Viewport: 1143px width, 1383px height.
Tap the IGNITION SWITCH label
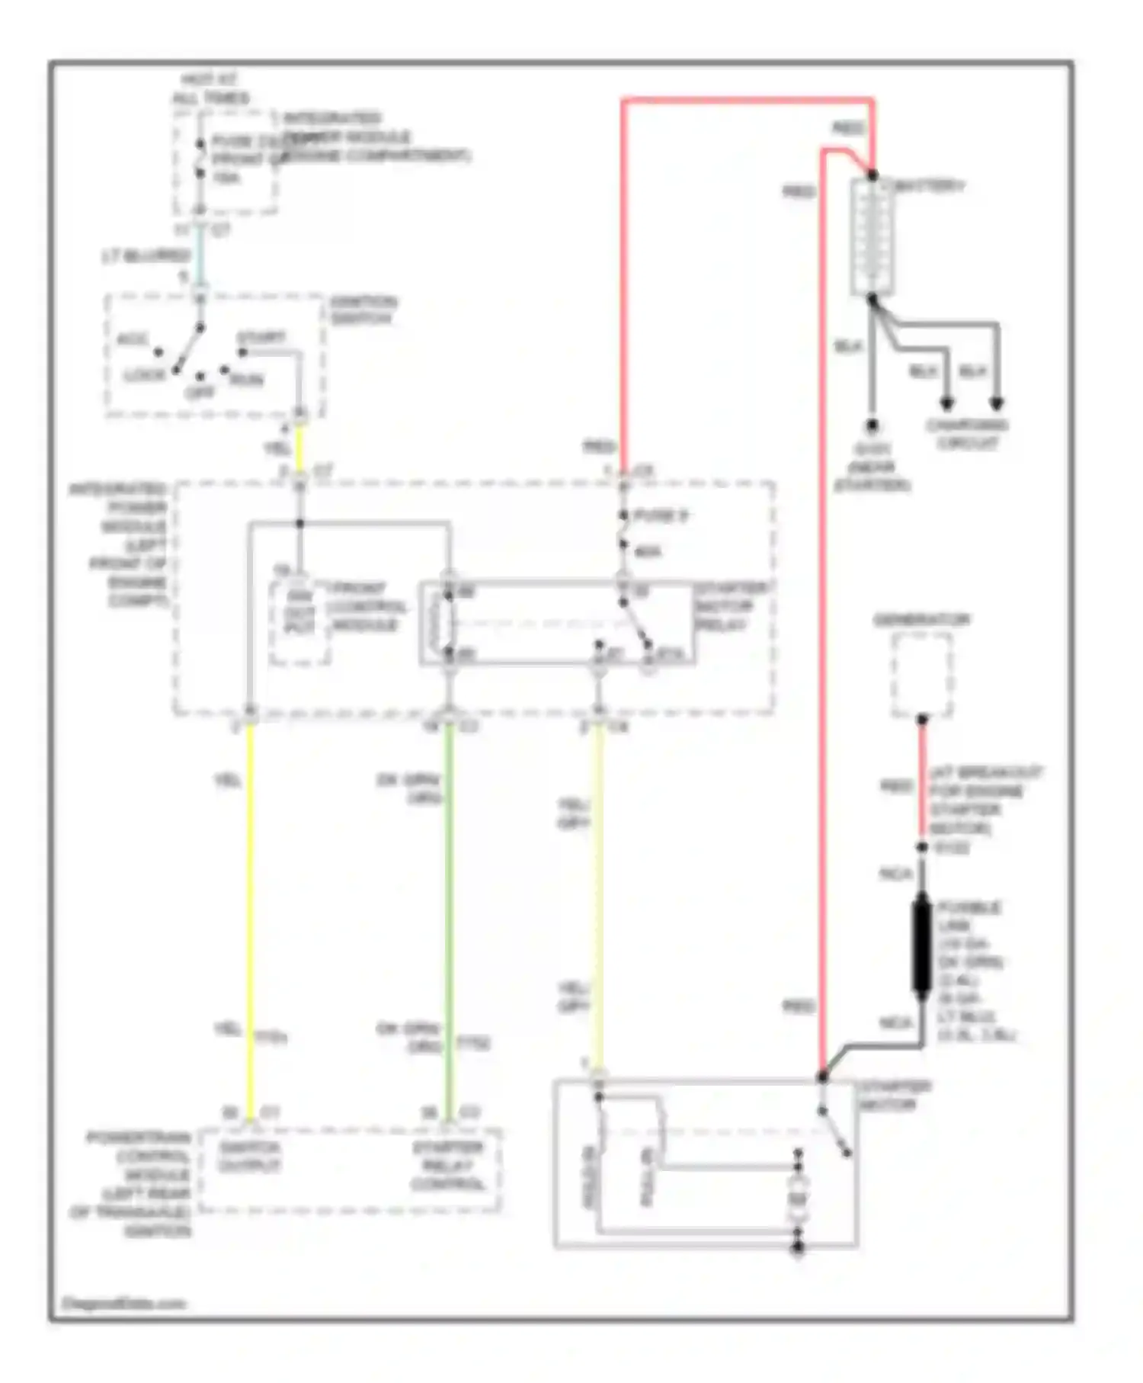(363, 310)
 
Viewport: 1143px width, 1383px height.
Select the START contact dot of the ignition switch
(242, 352)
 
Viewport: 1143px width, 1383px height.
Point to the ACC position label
(133, 339)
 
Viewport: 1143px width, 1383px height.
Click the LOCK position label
(145, 375)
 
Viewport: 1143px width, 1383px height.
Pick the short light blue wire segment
(199, 255)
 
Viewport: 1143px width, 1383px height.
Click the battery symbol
(872, 236)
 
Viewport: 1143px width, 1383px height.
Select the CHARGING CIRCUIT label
(967, 434)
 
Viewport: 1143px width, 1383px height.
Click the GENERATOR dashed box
(922, 675)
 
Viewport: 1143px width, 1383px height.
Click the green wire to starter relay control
(448, 915)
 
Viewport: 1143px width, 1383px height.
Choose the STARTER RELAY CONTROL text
(448, 1166)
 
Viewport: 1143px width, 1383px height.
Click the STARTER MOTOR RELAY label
(732, 607)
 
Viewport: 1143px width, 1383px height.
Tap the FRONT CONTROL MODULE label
(366, 607)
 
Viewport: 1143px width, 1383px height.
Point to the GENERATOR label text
(921, 621)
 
